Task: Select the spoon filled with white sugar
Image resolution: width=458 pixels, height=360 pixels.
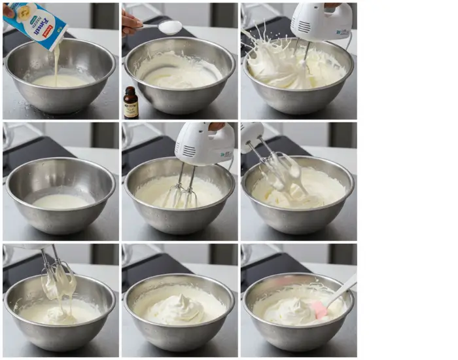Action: [x=169, y=27]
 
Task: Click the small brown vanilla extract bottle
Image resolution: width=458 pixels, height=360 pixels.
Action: [x=131, y=103]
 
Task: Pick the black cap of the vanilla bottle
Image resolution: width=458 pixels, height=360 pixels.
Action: [x=131, y=90]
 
